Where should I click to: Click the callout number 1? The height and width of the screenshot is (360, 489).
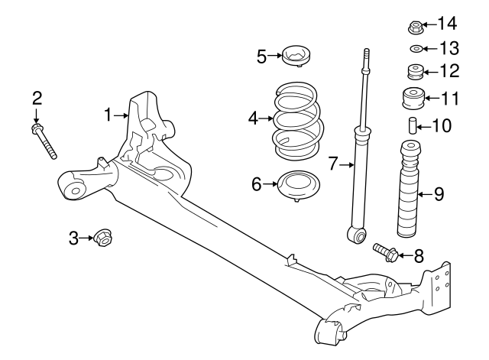(108, 115)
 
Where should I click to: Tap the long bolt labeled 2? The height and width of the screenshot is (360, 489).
(45, 142)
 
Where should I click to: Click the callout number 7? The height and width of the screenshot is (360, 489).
(333, 164)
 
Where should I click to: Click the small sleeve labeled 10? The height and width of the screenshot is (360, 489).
(411, 125)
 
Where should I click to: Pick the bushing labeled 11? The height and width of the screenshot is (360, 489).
(411, 99)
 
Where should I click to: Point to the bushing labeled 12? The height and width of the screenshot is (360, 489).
(415, 73)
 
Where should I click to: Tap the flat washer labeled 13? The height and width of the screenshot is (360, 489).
(416, 50)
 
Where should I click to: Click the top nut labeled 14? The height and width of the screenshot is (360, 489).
(416, 28)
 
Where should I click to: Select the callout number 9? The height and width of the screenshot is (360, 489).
(439, 194)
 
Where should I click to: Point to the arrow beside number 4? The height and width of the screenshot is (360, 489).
(264, 118)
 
